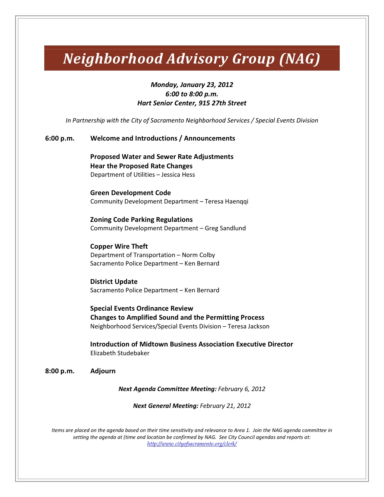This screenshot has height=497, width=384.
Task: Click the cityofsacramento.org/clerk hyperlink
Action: pos(192,444)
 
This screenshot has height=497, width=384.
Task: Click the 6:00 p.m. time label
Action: pos(60,138)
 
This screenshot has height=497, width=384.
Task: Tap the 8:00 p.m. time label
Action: pos(60,371)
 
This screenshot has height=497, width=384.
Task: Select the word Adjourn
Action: pos(103,371)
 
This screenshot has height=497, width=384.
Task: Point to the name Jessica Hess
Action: pos(178,175)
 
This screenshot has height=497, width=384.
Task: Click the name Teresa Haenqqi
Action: pos(226,201)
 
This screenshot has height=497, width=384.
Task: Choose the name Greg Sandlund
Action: pos(225,228)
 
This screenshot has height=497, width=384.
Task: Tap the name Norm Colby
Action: pos(198,255)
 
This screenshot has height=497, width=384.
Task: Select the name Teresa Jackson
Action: pos(248,326)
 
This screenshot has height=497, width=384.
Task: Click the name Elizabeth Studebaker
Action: pos(120,353)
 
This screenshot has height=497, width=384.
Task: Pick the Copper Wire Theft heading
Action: pos(119,247)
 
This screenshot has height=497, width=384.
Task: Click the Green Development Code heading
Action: pos(130,193)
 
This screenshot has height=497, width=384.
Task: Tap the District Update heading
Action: pos(114,282)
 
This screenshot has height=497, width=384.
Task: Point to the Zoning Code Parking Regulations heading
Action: pos(141,220)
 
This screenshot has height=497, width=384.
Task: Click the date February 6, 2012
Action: pos(242,389)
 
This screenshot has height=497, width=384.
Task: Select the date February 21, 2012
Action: pos(225,406)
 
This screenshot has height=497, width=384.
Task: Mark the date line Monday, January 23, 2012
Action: pos(192,85)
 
